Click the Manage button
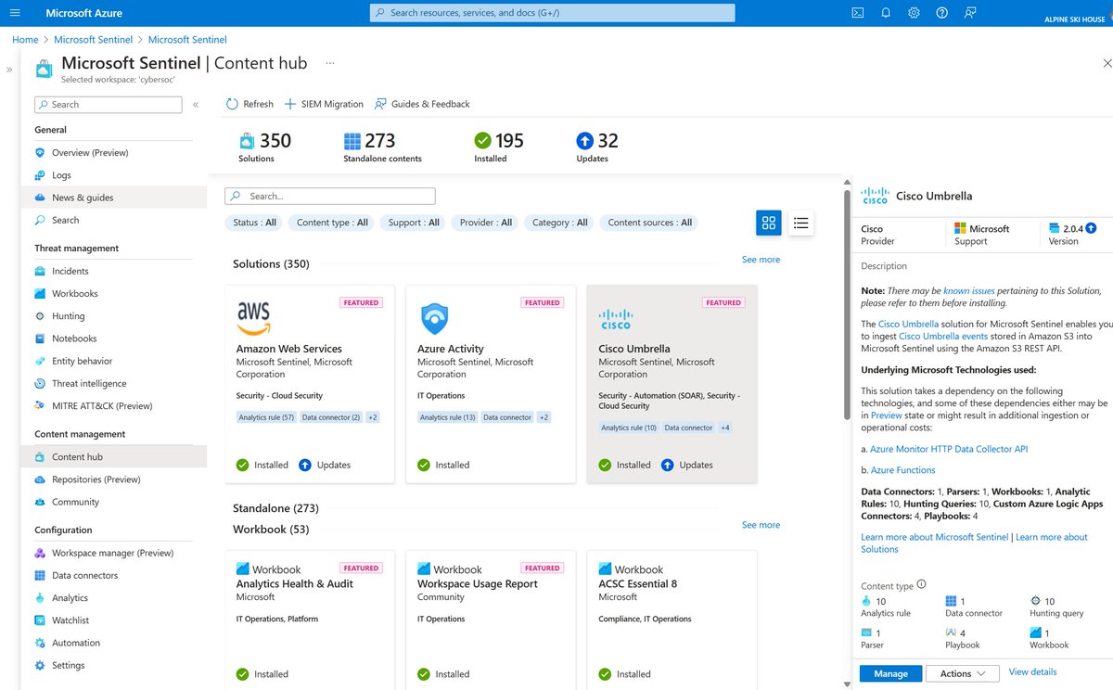(890, 673)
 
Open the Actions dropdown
(962, 673)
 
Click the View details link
(1032, 671)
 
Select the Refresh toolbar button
(249, 104)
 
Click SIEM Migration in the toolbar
(324, 104)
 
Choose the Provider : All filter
(486, 223)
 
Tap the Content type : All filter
(332, 223)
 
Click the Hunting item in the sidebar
(69, 316)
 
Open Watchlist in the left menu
(70, 620)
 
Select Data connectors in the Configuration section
(84, 575)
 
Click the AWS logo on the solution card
(253, 317)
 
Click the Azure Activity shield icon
(434, 318)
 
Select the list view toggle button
(801, 223)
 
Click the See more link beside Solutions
(761, 260)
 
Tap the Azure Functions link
(902, 470)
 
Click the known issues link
(969, 290)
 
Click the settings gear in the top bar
(914, 13)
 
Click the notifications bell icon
(886, 13)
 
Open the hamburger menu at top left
(14, 13)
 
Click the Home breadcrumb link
(25, 40)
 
